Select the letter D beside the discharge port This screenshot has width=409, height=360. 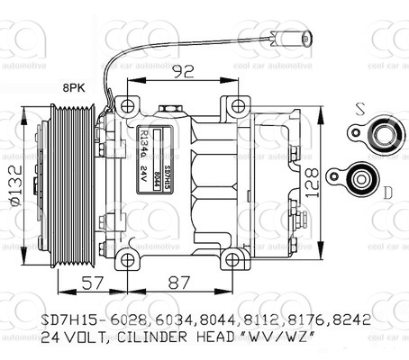[x=388, y=192]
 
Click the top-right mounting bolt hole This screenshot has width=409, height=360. [x=239, y=101]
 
